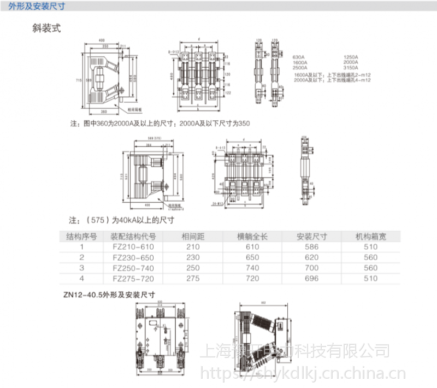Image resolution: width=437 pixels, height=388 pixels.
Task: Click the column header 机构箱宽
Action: tap(370, 237)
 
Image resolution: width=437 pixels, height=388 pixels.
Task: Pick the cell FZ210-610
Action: tap(134, 247)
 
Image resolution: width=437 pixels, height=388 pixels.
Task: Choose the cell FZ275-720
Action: tap(134, 278)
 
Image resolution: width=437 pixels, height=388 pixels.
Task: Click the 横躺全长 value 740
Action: tap(252, 268)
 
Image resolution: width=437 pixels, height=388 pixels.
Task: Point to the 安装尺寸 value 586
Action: tap(311, 247)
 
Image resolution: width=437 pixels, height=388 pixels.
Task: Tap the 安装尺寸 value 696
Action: tap(311, 278)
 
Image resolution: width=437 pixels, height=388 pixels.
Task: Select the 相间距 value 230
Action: tap(193, 257)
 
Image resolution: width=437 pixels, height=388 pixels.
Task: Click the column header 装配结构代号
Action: tap(133, 237)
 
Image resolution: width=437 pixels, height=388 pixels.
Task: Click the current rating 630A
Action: tap(299, 57)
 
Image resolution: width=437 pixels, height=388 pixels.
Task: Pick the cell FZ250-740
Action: tap(134, 268)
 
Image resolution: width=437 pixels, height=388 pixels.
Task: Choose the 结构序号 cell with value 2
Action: tap(82, 257)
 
